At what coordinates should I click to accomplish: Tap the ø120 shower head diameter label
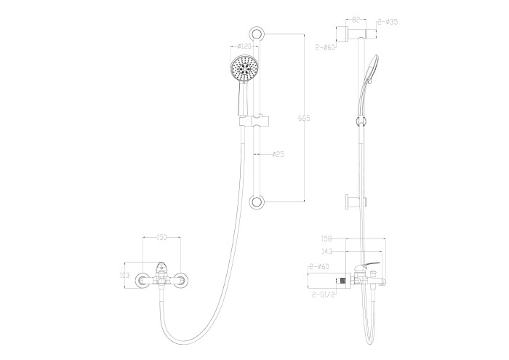coord(244,47)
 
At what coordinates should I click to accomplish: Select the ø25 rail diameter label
coord(277,153)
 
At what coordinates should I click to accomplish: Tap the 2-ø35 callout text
coord(388,22)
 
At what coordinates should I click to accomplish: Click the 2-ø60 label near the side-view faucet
coord(319,267)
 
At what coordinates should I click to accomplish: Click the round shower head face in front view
coord(244,71)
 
